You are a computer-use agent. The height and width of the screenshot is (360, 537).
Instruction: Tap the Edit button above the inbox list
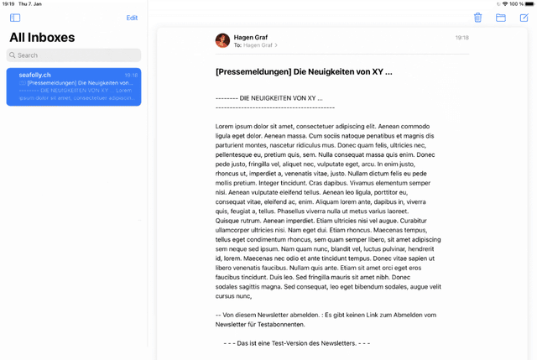[132, 18]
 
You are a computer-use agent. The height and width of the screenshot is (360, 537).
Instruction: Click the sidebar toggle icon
[15, 18]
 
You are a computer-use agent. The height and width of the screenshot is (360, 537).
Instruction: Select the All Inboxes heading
[42, 38]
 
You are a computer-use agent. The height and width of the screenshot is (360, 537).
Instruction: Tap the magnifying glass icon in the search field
[13, 55]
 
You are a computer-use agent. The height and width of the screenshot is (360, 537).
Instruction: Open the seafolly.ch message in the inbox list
[74, 86]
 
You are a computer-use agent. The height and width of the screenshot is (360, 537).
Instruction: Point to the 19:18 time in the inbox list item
[131, 76]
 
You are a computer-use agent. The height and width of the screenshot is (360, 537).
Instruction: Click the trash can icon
[477, 18]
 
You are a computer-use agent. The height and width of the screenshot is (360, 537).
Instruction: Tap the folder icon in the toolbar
[501, 18]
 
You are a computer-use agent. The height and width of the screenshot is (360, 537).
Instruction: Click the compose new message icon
[524, 18]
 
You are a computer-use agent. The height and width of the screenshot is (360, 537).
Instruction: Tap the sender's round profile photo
[222, 40]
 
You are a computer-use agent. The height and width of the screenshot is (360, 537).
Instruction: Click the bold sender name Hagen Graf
[251, 37]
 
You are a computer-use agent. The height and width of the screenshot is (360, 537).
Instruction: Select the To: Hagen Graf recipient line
[255, 45]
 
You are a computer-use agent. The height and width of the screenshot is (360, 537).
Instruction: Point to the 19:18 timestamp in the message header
[461, 38]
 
